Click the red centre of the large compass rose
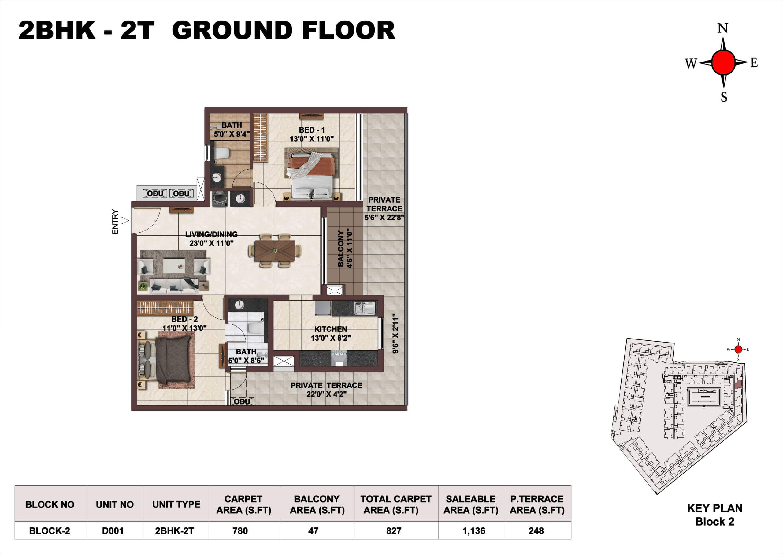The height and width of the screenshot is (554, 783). tap(723, 62)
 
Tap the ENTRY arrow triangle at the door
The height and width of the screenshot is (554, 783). tap(125, 221)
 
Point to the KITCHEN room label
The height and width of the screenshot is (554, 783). tap(330, 329)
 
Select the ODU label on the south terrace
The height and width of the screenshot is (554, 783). tap(242, 402)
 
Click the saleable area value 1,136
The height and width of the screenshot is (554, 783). tap(474, 531)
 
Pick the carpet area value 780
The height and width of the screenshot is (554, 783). tap(240, 531)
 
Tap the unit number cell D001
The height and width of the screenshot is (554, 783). tap(113, 531)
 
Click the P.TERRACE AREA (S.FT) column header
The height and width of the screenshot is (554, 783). tap(537, 504)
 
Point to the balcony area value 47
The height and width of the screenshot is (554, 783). tap(313, 531)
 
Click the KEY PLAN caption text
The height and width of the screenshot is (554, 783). tap(714, 508)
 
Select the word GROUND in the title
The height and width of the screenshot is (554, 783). tap(235, 30)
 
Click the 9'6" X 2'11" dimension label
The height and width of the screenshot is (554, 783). tap(395, 334)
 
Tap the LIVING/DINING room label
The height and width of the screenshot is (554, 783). tap(211, 234)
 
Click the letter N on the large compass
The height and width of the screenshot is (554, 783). tap(723, 28)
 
